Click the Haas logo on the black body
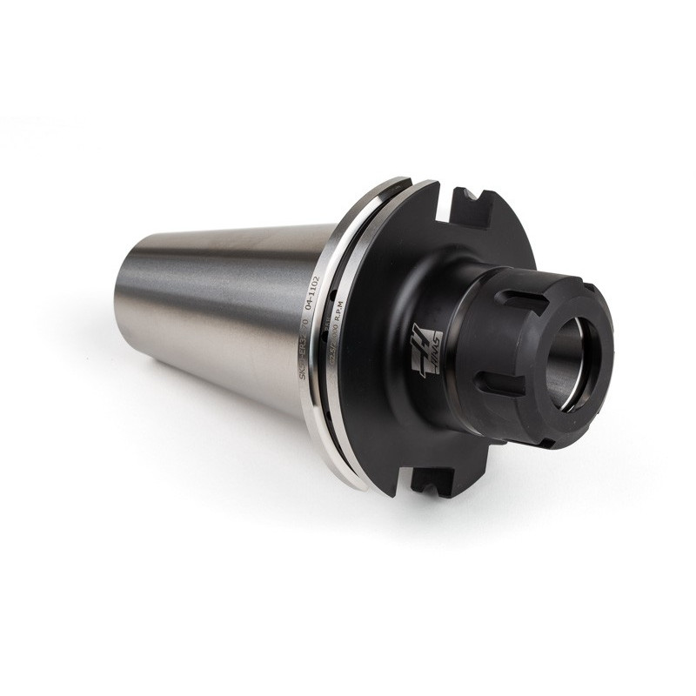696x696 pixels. click(x=426, y=348)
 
